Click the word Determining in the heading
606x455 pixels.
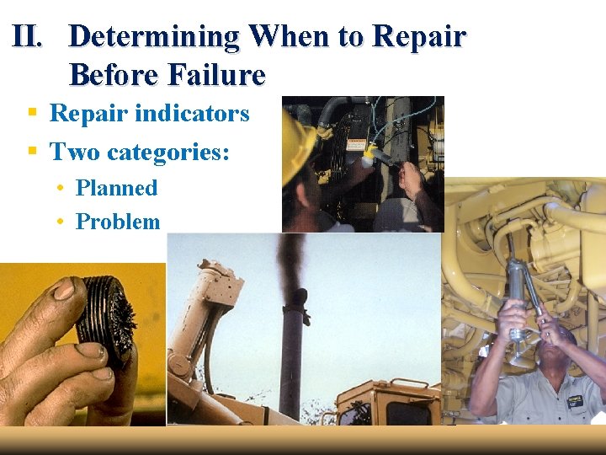click(x=154, y=37)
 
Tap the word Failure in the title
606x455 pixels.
click(x=217, y=75)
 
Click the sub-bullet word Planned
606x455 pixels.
click(x=116, y=188)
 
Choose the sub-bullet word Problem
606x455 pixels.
click(x=117, y=222)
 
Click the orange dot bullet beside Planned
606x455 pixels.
click(x=61, y=187)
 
